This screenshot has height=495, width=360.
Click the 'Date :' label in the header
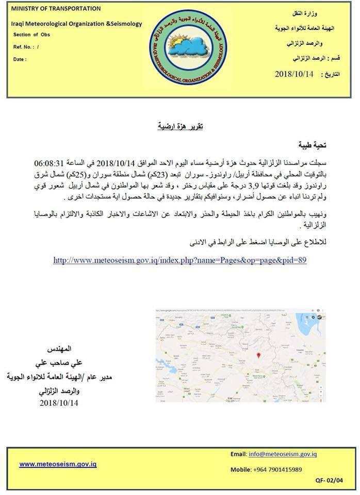click(x=20, y=59)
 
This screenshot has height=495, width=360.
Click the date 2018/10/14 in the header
click(x=294, y=74)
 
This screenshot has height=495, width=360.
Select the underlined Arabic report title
click(x=179, y=125)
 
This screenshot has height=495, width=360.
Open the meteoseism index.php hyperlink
click(x=180, y=260)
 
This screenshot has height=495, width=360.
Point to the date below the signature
click(x=60, y=403)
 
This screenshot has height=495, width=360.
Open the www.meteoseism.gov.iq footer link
click(x=58, y=464)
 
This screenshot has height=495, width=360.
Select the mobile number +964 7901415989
click(x=277, y=469)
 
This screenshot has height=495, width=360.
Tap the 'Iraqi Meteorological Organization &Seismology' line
click(x=76, y=24)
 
